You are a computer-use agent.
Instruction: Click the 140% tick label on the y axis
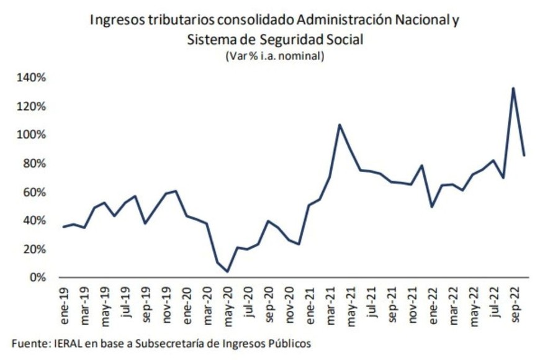[x=31, y=78]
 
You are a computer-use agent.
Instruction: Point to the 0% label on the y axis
[x=38, y=278]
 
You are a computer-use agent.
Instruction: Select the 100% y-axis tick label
[x=31, y=135]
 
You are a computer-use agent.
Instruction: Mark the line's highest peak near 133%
[x=513, y=88]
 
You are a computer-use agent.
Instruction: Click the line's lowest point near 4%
[x=228, y=271]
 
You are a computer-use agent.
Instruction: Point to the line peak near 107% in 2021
[x=340, y=125]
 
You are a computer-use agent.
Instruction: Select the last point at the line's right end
[x=524, y=156]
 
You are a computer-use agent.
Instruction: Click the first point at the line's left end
[x=64, y=227]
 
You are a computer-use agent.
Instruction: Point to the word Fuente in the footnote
[x=27, y=343]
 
